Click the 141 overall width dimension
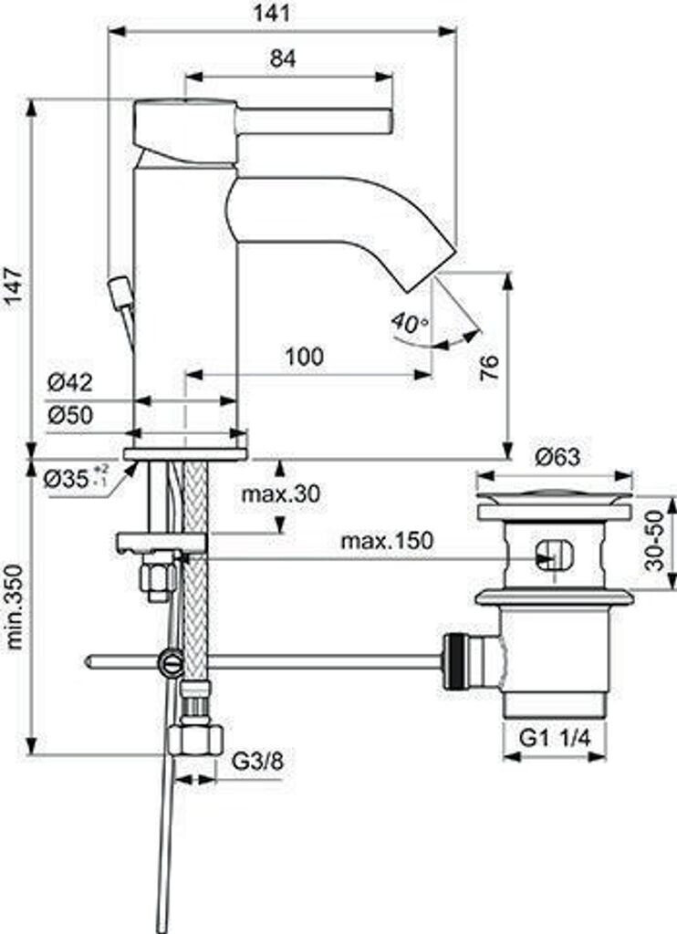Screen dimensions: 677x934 272,13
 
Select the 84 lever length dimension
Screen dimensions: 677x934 283,58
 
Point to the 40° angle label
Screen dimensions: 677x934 410,324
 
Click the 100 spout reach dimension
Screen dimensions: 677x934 305,357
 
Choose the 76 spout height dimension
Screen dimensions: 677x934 489,369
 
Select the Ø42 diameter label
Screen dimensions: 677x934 70,382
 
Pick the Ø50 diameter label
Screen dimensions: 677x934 70,415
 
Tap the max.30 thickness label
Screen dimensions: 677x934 281,493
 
